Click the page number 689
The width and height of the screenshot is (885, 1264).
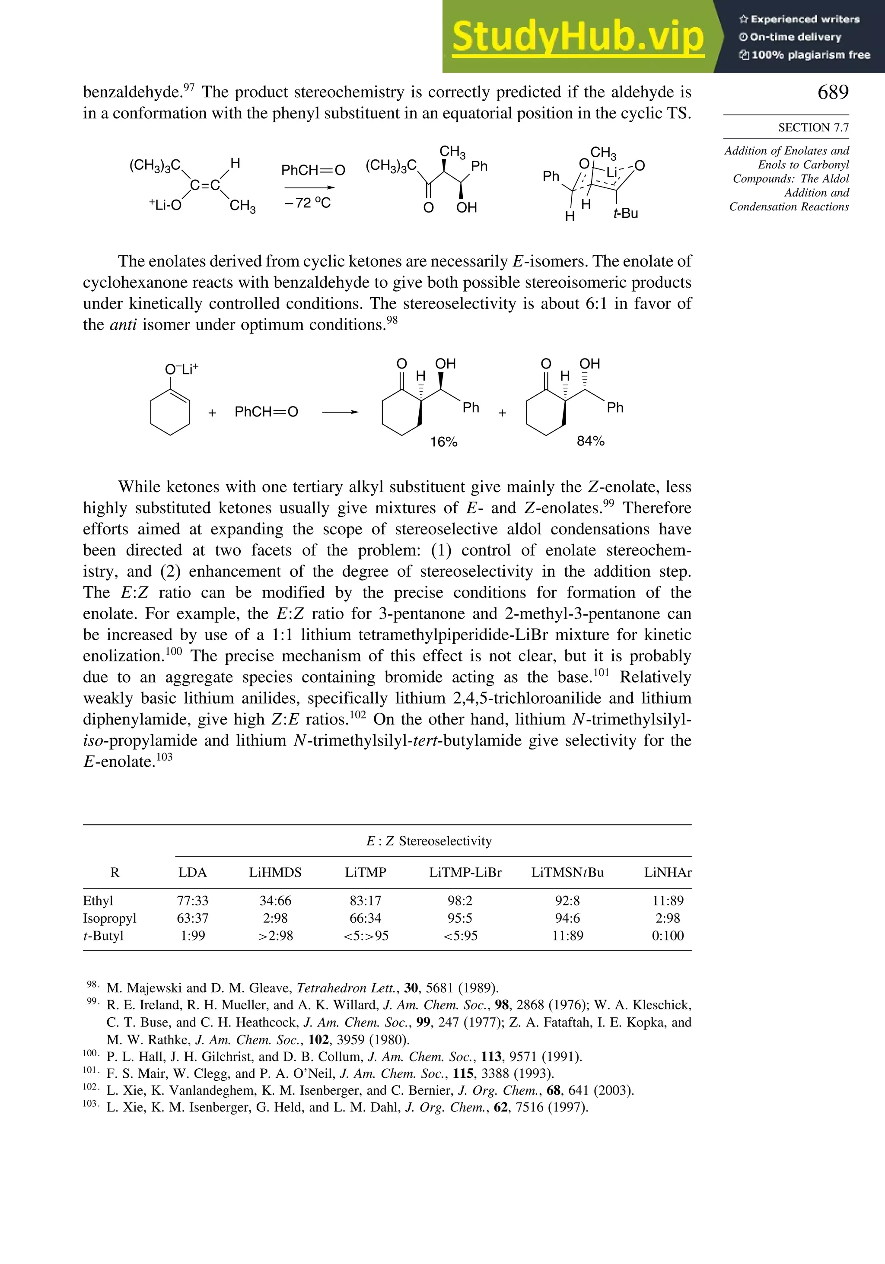pyautogui.click(x=833, y=92)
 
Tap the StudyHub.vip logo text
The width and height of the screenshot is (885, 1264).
pyautogui.click(x=578, y=37)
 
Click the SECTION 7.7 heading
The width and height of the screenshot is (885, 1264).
pyautogui.click(x=813, y=128)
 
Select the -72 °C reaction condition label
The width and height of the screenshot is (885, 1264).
pyautogui.click(x=307, y=203)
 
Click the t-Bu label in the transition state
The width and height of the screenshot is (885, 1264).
pyautogui.click(x=626, y=213)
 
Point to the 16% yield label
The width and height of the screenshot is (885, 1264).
pyautogui.click(x=444, y=442)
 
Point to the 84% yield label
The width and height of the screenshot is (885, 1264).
pyautogui.click(x=590, y=441)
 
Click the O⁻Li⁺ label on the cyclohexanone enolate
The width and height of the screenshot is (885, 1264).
pyautogui.click(x=181, y=369)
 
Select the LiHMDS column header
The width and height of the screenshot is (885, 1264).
pyautogui.click(x=275, y=873)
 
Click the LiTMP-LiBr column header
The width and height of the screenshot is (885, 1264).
pyautogui.click(x=465, y=873)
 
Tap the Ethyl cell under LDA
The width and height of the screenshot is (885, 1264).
pyautogui.click(x=193, y=901)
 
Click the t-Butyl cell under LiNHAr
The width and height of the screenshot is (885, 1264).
pyautogui.click(x=668, y=936)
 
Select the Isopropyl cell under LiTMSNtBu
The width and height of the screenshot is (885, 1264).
pyautogui.click(x=567, y=918)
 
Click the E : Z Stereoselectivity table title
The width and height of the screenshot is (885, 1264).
pyautogui.click(x=429, y=841)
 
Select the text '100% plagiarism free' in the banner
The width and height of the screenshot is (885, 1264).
pyautogui.click(x=811, y=55)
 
